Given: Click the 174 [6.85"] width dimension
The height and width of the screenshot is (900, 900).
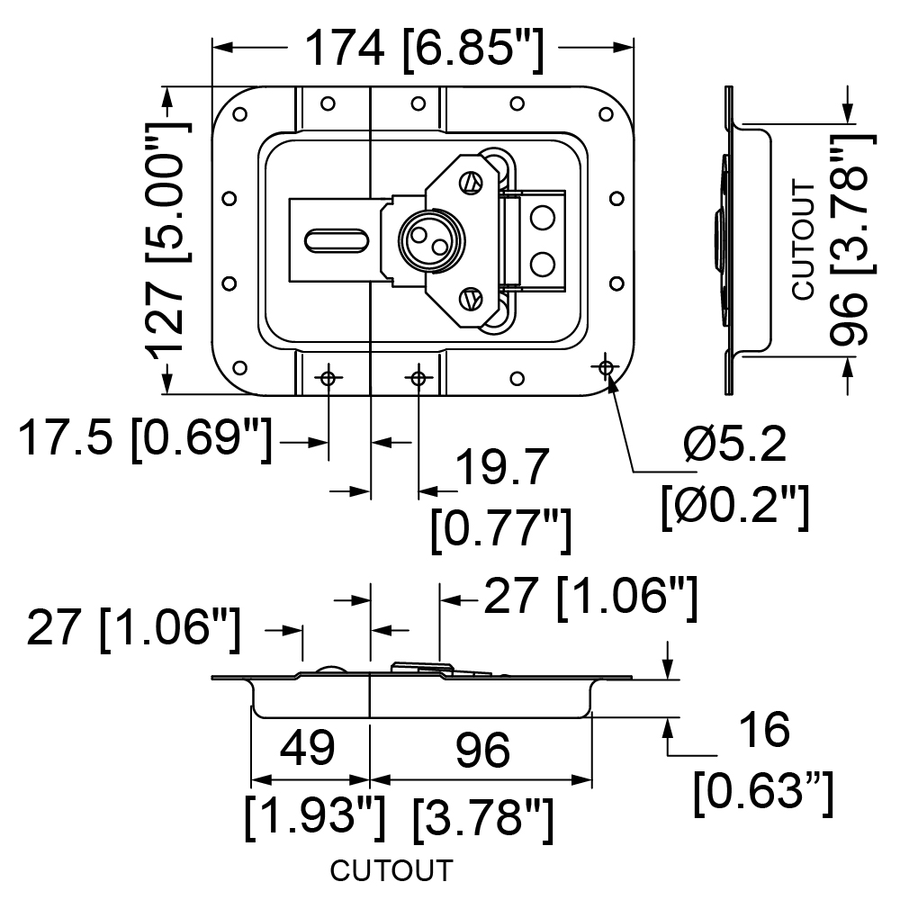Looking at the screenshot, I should point(425,51).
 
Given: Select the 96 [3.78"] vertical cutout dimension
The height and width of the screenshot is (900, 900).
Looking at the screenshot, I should point(851,239).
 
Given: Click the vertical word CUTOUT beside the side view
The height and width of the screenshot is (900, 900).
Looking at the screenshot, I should point(804,239).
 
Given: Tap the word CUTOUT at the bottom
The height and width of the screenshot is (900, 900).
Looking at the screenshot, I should point(391,871).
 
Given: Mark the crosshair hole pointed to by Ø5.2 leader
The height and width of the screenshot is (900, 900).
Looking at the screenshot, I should point(605,366).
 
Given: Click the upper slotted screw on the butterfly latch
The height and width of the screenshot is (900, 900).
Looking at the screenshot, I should point(470,182).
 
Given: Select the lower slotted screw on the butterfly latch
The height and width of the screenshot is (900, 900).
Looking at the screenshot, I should point(470,299).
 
